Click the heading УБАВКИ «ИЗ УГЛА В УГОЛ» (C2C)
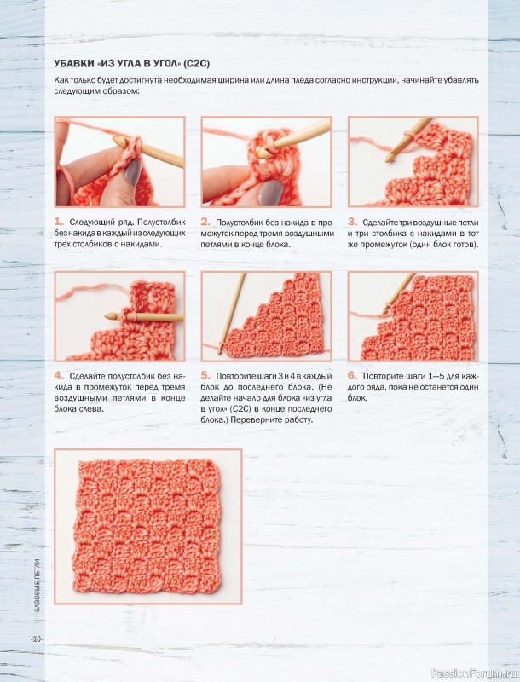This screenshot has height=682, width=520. coord(132,64)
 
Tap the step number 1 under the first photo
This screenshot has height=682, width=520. coord(59,222)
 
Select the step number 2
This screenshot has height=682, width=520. coord(205,222)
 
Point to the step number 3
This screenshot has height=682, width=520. coord(352,222)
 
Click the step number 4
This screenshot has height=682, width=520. coord(59,375)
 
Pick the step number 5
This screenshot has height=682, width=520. coord(205,375)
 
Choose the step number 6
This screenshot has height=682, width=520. coord(352,375)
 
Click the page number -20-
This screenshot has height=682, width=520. coord(37,639)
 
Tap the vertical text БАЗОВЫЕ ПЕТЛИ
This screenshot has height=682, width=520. coord(38,586)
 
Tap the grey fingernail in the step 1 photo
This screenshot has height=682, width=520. coord(134,172)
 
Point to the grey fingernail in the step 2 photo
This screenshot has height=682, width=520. coord(270,192)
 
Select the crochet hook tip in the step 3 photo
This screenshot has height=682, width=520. coord(388,159)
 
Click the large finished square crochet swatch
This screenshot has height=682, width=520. coord(147,527)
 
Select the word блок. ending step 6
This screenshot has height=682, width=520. coord(357,398)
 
